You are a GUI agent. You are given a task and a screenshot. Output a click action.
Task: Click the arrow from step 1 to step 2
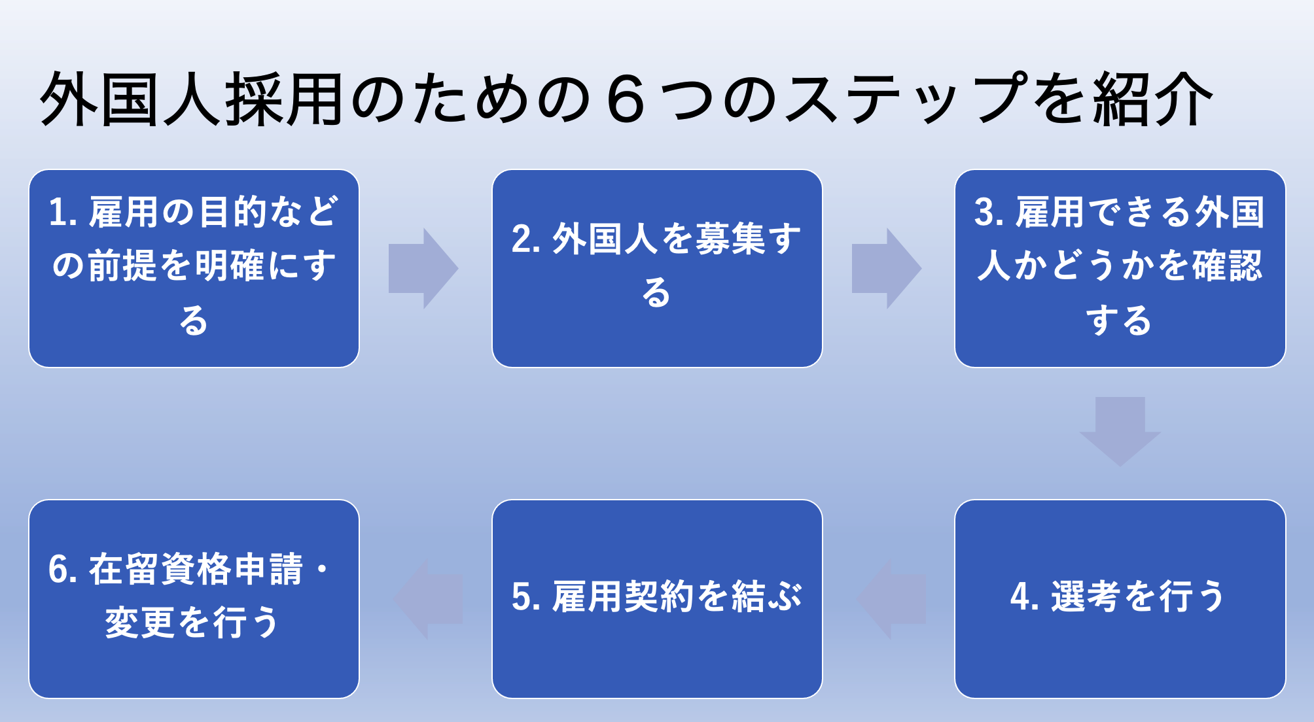pyautogui.click(x=423, y=268)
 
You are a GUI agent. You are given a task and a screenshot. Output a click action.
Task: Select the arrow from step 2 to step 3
pyautogui.click(x=886, y=268)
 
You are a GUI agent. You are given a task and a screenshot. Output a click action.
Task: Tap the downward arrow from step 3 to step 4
pyautogui.click(x=1120, y=432)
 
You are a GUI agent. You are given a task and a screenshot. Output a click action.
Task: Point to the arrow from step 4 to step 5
pyautogui.click(x=891, y=599)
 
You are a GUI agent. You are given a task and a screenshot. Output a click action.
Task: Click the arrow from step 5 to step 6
pyautogui.click(x=428, y=599)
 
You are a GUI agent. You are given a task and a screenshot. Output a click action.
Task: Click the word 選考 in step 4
pyautogui.click(x=1086, y=596)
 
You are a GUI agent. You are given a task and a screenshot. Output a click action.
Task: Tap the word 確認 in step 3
pyautogui.click(x=1228, y=266)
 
